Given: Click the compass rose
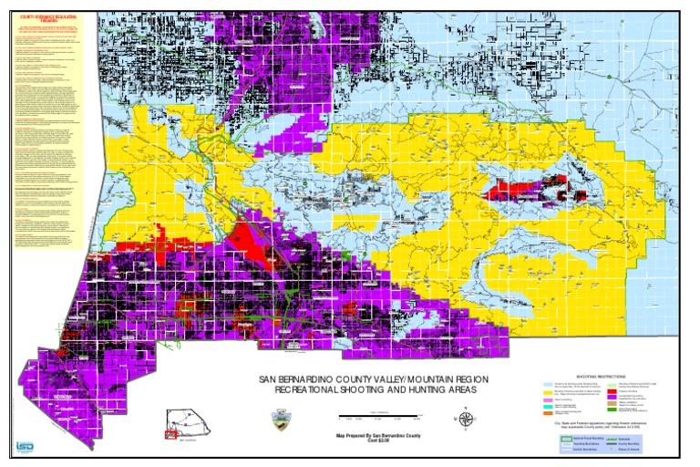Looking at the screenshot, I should pos(467,420).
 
